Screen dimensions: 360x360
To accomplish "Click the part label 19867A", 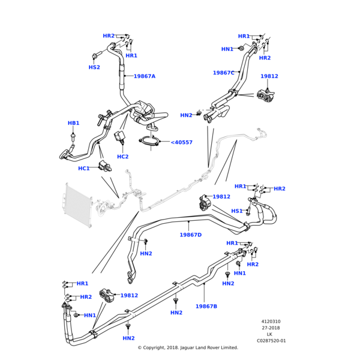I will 144,76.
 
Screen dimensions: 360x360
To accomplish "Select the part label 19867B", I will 206,307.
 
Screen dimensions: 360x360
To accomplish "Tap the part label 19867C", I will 224,73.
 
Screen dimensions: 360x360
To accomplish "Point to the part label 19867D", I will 191,235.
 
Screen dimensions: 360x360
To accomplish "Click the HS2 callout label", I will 94,67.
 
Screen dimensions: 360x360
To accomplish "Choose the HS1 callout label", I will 237,211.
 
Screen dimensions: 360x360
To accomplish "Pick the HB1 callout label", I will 73,123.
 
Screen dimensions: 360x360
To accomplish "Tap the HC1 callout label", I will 84,169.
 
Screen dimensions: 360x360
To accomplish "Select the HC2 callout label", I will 122,157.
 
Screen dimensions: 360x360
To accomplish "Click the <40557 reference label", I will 181,142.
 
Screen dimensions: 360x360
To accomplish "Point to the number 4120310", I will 271,322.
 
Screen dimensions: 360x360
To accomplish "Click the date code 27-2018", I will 271,328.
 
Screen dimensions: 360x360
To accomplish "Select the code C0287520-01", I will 271,341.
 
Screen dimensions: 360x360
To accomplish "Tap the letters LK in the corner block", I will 271,334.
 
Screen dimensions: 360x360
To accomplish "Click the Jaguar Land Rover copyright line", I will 188,347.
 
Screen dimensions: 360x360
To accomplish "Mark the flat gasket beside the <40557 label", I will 151,142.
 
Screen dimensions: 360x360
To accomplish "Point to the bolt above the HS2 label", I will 95,56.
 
